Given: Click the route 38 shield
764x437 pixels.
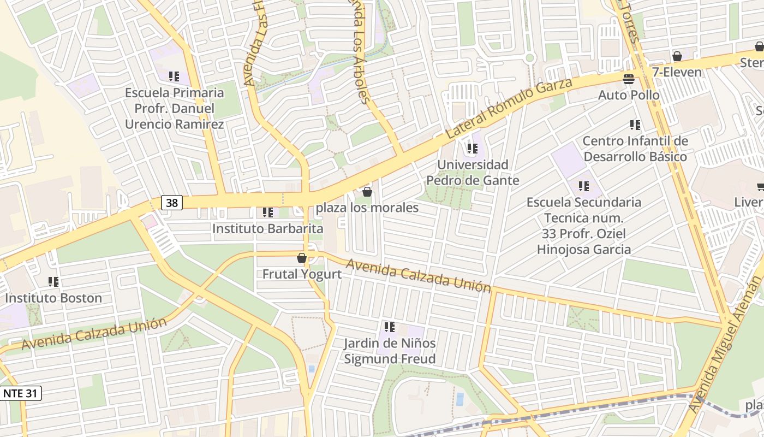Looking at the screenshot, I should [x=171, y=203].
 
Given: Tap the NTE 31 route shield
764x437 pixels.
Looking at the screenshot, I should [x=21, y=393].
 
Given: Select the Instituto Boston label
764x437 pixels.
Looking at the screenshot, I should [x=53, y=298].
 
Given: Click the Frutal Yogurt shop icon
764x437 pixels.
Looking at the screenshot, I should [x=301, y=258].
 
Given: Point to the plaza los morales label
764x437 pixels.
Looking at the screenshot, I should [x=367, y=208].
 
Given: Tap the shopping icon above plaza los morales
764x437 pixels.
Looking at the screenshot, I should [x=367, y=192].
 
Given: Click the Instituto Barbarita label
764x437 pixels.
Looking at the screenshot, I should [x=267, y=228].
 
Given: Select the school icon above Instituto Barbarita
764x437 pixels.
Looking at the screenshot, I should [x=267, y=212].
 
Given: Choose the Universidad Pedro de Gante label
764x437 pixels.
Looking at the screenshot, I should [x=473, y=172].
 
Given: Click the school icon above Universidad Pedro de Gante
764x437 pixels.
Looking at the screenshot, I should [x=473, y=148].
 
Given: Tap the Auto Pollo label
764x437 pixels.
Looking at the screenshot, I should [x=629, y=95].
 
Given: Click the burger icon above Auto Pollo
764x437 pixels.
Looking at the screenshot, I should [x=628, y=79].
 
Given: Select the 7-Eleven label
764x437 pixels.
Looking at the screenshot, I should [x=677, y=72].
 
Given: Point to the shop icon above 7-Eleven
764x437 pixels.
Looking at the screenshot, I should [x=677, y=56].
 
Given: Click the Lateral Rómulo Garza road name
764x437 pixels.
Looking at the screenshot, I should [x=509, y=108].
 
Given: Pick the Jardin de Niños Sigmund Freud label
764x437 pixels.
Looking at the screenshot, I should [x=390, y=351].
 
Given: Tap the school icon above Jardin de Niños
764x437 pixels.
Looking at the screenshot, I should [x=390, y=327].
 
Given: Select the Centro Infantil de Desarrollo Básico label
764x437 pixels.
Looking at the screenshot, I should [x=635, y=149].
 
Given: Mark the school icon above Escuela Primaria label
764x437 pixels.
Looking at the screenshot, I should [x=174, y=76].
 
